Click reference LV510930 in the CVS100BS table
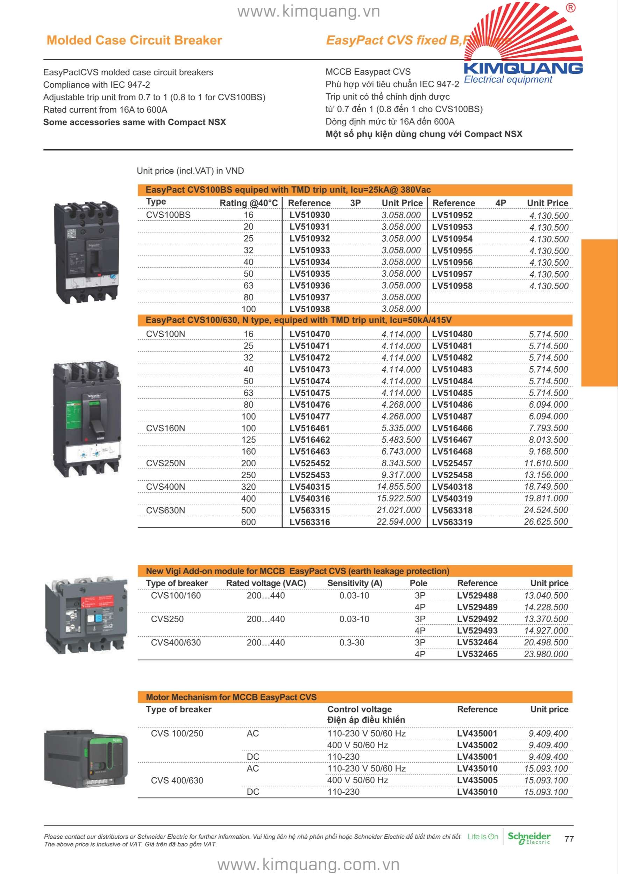coord(309,215)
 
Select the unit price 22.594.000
coord(398,522)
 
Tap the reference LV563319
coord(452,522)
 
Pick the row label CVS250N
coord(165,463)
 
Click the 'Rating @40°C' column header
coord(248,203)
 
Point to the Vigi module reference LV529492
coord(477,619)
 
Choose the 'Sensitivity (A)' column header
coord(355,583)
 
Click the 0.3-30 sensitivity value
coord(351,643)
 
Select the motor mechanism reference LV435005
coord(477,780)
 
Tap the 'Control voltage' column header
coord(359,709)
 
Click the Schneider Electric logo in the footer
coord(529,838)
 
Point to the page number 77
coord(569,839)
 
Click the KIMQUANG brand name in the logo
coord(523,69)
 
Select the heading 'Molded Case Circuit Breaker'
coord(134,40)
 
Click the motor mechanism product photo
coord(86,759)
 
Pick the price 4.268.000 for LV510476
coord(401,404)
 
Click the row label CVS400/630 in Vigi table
coord(176,643)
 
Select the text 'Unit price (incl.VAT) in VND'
coord(190,171)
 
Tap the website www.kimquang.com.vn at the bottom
coord(308,864)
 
